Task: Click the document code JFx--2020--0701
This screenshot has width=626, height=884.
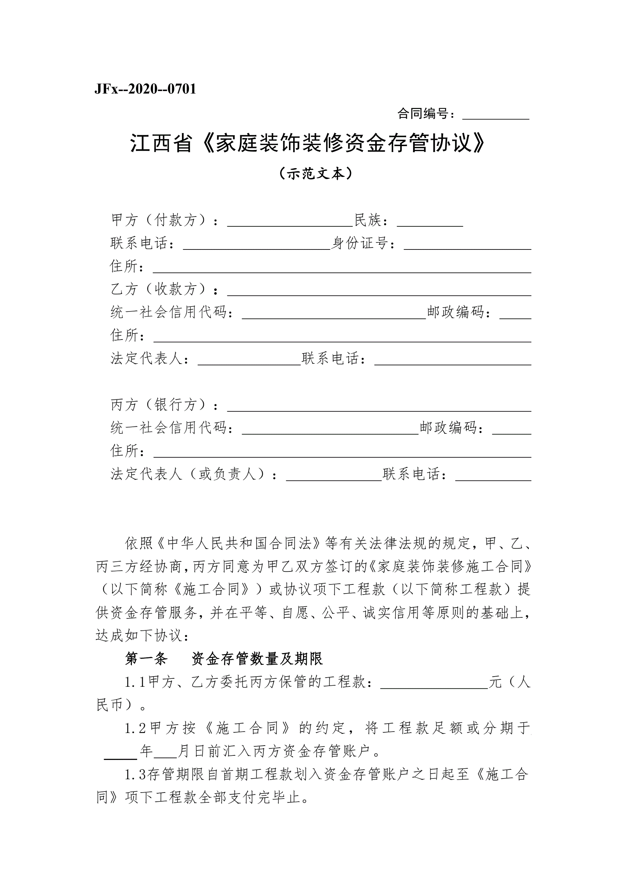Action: coord(145,89)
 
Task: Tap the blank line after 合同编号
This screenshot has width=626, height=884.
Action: coord(495,115)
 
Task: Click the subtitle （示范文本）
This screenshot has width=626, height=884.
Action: coord(315,174)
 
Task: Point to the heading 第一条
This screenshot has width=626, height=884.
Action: coord(146,659)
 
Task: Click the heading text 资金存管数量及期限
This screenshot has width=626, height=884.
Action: coord(257,659)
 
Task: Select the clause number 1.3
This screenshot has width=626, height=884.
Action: coord(135,774)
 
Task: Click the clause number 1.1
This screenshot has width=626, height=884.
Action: coord(135,682)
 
